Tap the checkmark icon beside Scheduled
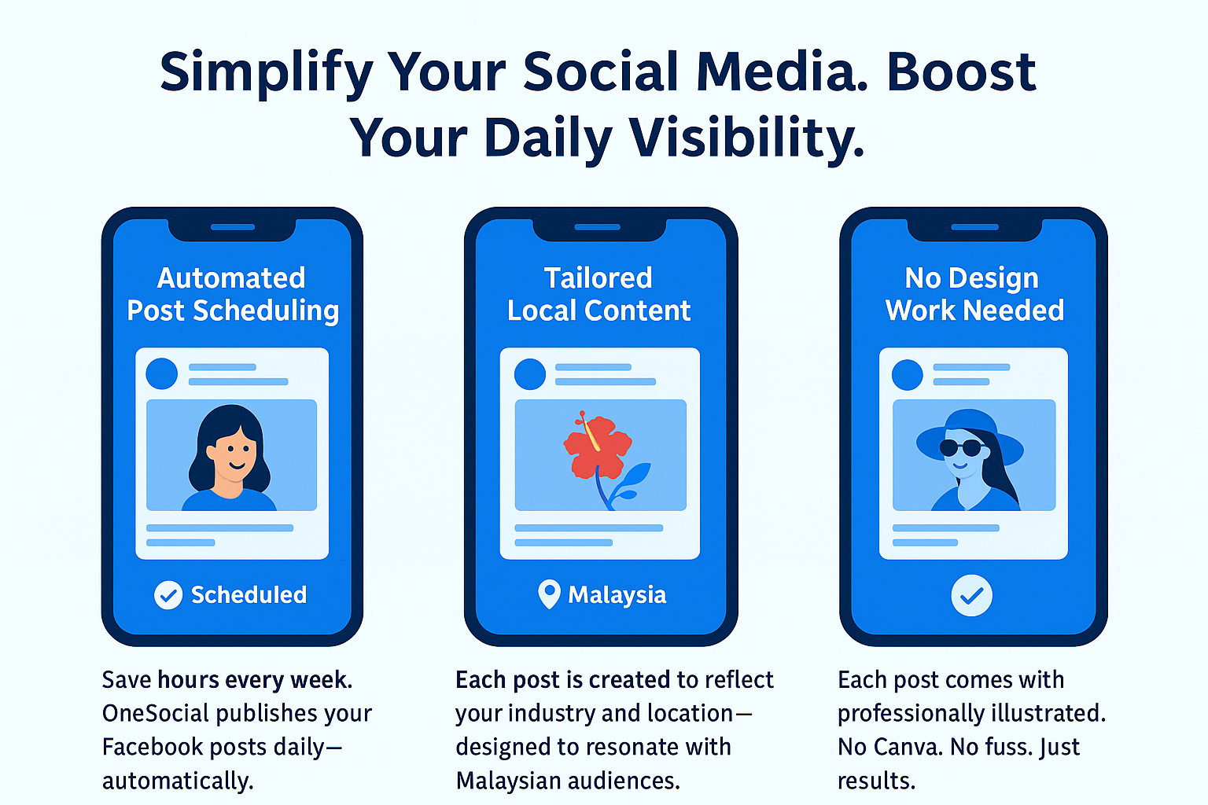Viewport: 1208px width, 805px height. [x=168, y=595]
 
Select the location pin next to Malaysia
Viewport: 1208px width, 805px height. [x=549, y=594]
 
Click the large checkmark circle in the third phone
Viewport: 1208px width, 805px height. [x=972, y=596]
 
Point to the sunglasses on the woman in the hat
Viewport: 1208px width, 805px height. [x=962, y=447]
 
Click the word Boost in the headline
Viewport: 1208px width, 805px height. [x=962, y=72]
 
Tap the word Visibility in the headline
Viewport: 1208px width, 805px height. [x=747, y=138]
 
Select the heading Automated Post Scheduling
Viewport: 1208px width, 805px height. [x=233, y=294]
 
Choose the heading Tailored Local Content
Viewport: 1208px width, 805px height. [x=598, y=294]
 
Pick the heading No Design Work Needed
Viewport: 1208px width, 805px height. [x=974, y=294]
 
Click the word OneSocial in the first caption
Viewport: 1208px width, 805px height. [x=155, y=713]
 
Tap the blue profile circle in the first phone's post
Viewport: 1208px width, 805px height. [x=162, y=373]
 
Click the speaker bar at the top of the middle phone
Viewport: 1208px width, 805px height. [x=598, y=227]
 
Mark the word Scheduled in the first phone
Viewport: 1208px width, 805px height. [x=249, y=595]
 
